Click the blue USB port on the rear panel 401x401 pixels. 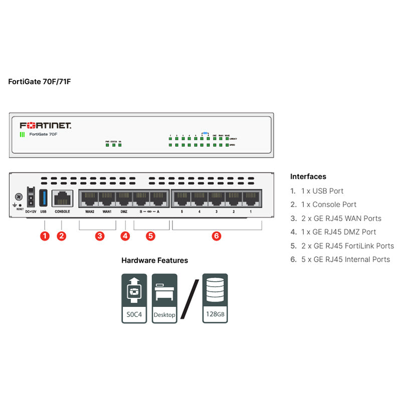tap(43, 198)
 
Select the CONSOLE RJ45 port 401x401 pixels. tap(62, 199)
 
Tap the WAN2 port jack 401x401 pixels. tap(89, 199)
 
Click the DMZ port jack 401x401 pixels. tap(124, 199)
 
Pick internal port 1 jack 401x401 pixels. tap(250, 199)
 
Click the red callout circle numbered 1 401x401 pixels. tap(45, 236)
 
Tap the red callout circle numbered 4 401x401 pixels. tap(125, 236)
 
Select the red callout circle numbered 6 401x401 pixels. tap(217, 236)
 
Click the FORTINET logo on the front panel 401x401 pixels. tap(46, 125)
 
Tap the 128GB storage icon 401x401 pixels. tap(215, 298)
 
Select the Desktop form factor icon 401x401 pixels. tap(164, 298)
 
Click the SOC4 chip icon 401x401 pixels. tap(134, 298)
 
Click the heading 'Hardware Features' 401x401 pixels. tap(154, 261)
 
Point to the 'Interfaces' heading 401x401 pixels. tap(308, 176)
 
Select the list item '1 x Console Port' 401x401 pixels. tap(329, 205)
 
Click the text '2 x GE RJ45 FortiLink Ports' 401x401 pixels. tap(347, 246)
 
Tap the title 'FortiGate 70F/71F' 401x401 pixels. tap(40, 81)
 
